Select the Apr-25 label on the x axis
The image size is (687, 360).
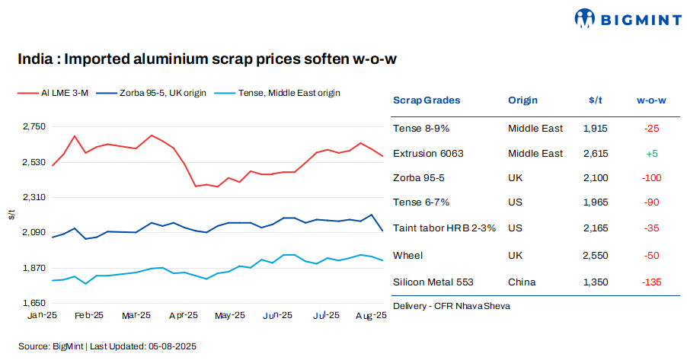click(183, 315)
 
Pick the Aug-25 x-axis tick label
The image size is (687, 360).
click(371, 315)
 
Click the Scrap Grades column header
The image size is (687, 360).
click(427, 100)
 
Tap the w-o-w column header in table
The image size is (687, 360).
click(651, 100)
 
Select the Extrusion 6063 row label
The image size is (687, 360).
click(428, 154)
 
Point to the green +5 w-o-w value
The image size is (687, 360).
click(651, 154)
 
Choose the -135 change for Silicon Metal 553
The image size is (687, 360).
click(651, 282)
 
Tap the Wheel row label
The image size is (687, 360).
click(407, 256)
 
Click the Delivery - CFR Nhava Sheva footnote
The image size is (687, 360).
click(452, 306)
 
